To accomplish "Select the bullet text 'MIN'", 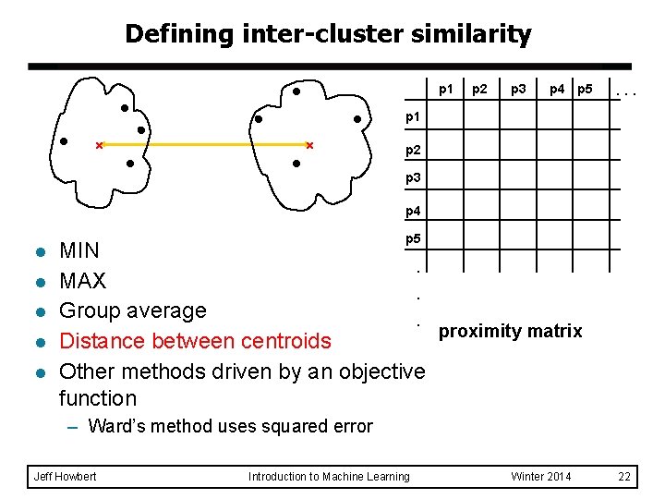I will tap(79, 250).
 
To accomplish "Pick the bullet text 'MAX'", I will tap(82, 281).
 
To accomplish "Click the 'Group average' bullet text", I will tap(132, 310).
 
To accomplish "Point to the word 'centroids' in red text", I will tap(285, 341).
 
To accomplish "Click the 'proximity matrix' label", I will tap(510, 331).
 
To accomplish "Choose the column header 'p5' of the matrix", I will tap(585, 90).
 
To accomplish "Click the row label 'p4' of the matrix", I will tap(413, 212).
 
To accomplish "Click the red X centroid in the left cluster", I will tap(99, 145).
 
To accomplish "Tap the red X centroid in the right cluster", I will tap(309, 145).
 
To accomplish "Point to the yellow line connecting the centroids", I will tap(204, 145).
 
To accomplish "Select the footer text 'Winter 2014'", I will tap(540, 477).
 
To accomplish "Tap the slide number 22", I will tap(624, 477).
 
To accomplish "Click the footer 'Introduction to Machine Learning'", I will tap(329, 477).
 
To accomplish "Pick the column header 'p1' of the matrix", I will tap(446, 90).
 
